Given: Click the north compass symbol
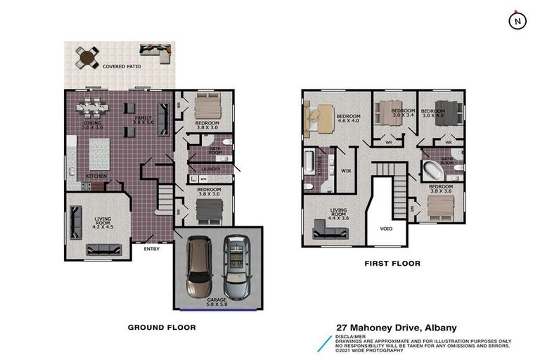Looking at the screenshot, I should (x=517, y=21).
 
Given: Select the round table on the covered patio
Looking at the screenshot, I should (x=89, y=57).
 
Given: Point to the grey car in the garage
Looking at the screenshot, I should (x=236, y=267).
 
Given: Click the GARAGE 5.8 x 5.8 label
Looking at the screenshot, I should (x=217, y=303).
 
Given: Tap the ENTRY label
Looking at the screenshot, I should (x=151, y=248).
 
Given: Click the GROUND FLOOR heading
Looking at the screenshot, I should (x=161, y=327).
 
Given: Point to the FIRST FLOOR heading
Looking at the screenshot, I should (x=392, y=264).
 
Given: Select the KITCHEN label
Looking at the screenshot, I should (x=96, y=176).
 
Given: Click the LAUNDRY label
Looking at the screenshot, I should (x=210, y=169).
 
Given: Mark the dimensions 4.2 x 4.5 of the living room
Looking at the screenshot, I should (x=103, y=226).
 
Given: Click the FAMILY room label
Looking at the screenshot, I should (x=143, y=117).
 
